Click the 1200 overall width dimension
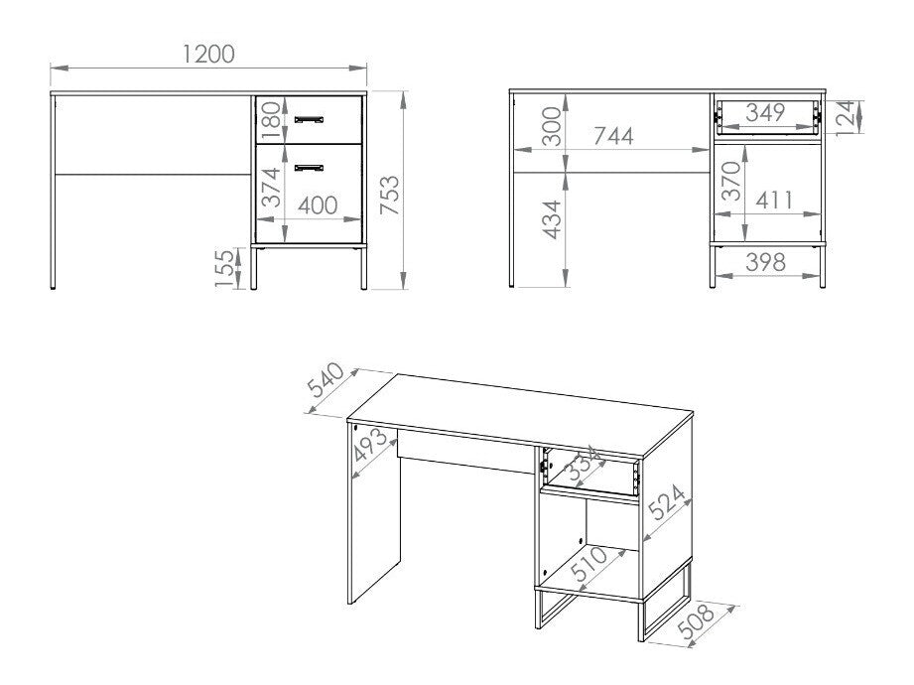(x=208, y=54)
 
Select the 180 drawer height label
(x=271, y=121)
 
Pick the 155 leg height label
(x=227, y=268)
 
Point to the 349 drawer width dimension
(x=765, y=112)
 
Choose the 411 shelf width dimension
(x=773, y=200)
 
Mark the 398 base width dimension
(x=765, y=262)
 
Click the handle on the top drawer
(x=310, y=119)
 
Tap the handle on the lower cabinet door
(x=310, y=166)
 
